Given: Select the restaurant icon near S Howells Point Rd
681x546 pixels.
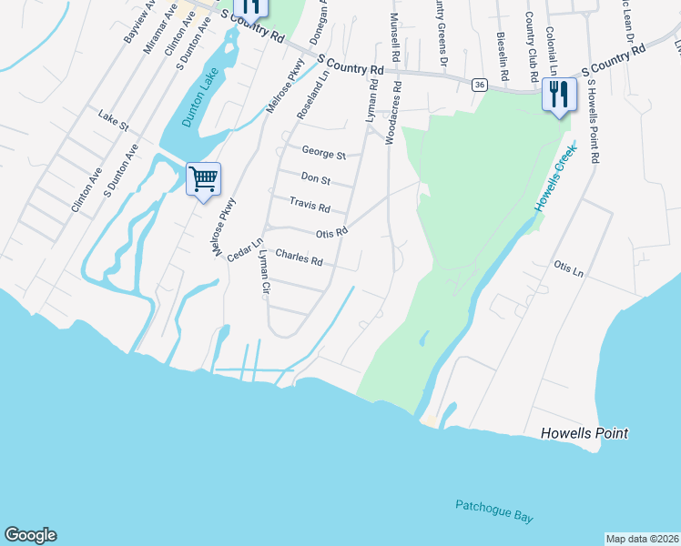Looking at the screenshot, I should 558,94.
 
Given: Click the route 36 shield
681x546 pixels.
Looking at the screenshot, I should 480,85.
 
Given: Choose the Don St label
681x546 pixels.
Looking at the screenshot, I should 314,179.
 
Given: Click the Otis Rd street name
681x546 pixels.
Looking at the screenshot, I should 331,233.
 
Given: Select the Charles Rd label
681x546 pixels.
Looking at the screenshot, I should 299,259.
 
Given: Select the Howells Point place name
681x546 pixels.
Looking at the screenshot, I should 584,433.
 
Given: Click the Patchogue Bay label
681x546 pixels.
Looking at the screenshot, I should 493,511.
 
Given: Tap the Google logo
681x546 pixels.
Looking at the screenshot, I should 30,535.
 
